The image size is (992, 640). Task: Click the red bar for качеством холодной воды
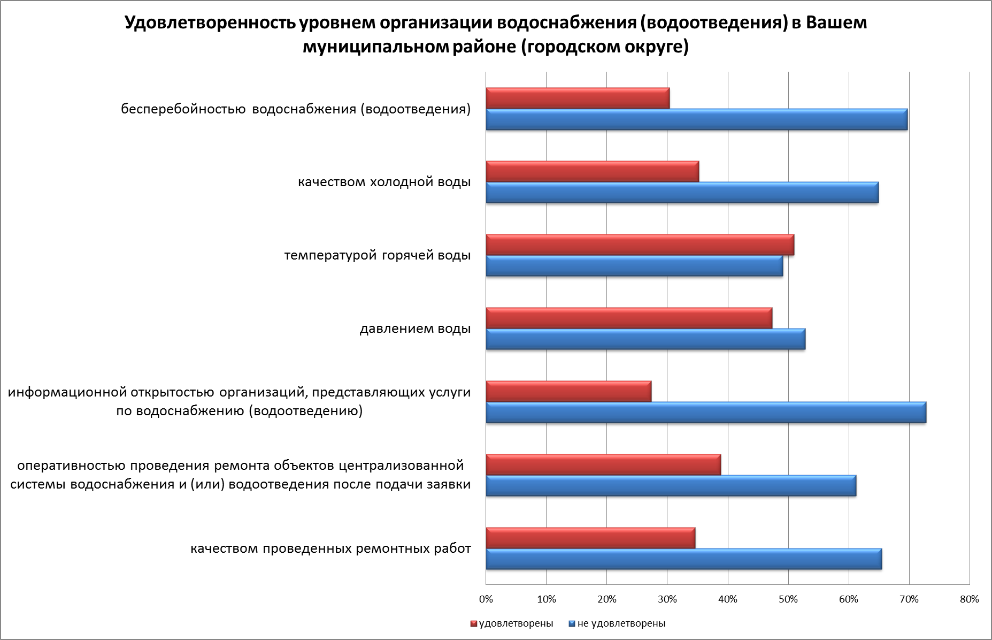tap(592, 171)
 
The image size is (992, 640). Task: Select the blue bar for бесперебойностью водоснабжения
tap(696, 119)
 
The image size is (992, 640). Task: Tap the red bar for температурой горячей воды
tap(640, 245)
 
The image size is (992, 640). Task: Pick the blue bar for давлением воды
tap(645, 339)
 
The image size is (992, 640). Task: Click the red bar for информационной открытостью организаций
tap(568, 391)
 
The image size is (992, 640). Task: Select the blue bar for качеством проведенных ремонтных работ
tap(683, 559)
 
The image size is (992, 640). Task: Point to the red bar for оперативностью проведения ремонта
tap(603, 464)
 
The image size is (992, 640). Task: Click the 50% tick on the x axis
tap(788, 599)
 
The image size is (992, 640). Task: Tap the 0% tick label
tap(486, 599)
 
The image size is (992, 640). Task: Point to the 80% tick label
tap(970, 599)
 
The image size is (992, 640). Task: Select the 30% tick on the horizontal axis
tap(667, 599)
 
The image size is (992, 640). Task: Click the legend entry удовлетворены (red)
tap(512, 623)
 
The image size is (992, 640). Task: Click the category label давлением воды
tap(415, 328)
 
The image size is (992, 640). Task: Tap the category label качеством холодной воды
tap(384, 182)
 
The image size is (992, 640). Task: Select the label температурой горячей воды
tap(378, 255)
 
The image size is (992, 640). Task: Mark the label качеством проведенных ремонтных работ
tap(330, 548)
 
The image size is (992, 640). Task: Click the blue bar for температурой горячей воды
tap(634, 266)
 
